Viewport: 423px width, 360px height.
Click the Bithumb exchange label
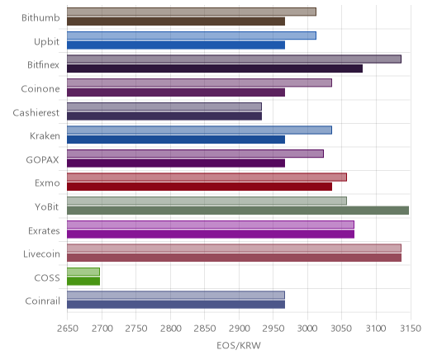pos(40,18)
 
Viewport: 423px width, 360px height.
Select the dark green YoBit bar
pos(238,211)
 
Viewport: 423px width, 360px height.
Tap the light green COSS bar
pos(83,272)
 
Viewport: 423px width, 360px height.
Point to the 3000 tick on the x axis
pos(307,329)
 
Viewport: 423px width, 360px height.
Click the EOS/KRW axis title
pos(239,345)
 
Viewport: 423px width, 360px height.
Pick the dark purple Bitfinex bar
pos(215,69)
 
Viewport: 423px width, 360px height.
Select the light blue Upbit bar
pos(192,36)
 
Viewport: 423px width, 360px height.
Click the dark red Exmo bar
pos(199,187)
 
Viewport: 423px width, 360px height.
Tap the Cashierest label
pos(36,112)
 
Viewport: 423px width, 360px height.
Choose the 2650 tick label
pos(68,329)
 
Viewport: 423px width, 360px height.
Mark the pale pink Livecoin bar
pos(234,248)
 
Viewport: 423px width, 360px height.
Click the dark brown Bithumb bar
pos(176,21)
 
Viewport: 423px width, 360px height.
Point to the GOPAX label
pos(42,160)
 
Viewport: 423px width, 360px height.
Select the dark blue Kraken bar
pos(176,140)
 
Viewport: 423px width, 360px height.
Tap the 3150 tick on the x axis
pos(411,329)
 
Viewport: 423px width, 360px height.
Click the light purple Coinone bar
pos(199,83)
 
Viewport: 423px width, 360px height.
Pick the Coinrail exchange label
pos(42,301)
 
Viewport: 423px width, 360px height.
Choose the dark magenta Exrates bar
pos(211,234)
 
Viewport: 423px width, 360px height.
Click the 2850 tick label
pos(205,329)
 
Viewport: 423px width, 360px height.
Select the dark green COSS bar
pos(83,281)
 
